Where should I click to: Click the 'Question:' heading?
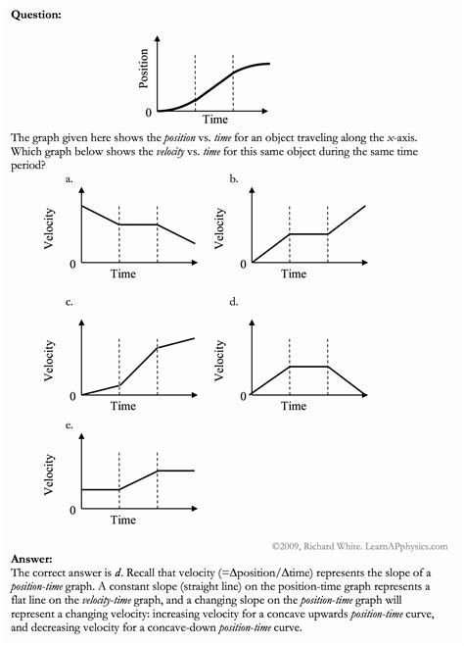(x=34, y=14)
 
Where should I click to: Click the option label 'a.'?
(x=70, y=179)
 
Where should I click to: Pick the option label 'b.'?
(x=234, y=179)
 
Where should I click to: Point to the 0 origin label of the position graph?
(x=148, y=113)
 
